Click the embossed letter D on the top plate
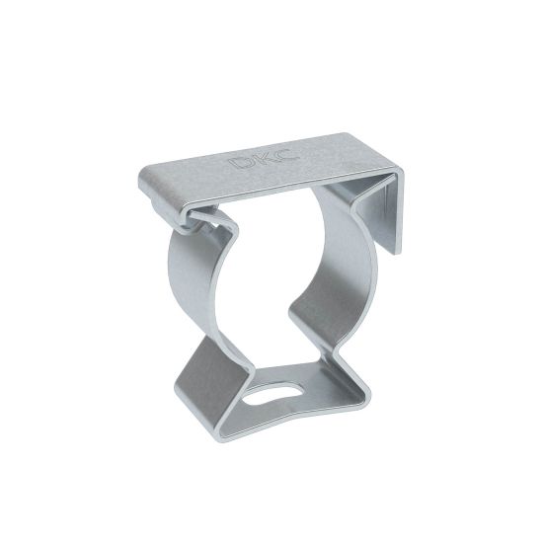click(242, 162)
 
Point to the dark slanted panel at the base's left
click(210, 383)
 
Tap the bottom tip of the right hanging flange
click(395, 255)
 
